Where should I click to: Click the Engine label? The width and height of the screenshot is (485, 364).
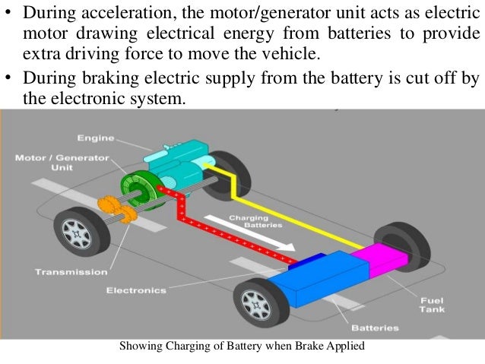[x=96, y=138]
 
